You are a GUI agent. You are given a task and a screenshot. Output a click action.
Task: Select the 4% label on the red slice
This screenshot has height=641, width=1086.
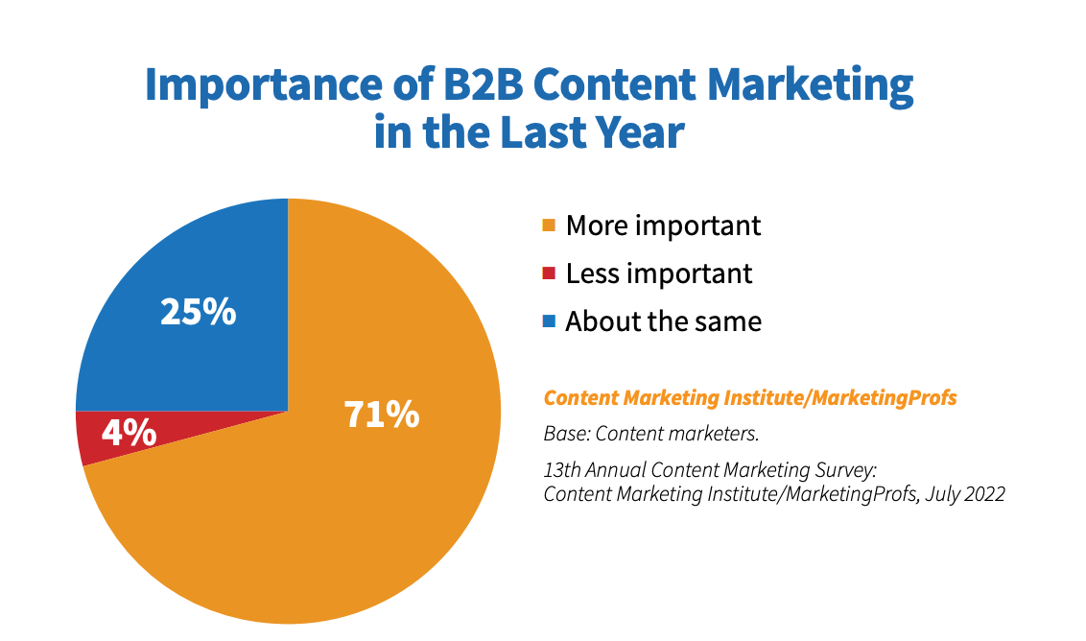click(129, 433)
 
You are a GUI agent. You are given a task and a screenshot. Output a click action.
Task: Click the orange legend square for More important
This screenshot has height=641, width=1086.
click(549, 226)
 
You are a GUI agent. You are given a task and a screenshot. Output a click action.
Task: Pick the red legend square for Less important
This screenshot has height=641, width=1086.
click(549, 273)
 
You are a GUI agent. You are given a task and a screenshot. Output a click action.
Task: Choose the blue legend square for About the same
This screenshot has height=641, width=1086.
click(549, 321)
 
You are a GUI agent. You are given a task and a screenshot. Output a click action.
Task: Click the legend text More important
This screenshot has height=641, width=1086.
click(663, 226)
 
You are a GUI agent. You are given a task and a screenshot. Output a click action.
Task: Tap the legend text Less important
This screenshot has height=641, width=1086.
click(659, 273)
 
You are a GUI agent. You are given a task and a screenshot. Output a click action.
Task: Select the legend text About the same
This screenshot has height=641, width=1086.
click(663, 321)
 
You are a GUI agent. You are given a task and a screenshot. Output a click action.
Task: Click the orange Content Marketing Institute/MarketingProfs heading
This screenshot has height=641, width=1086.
click(750, 397)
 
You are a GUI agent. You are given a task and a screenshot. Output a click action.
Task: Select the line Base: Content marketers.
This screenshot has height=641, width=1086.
click(651, 434)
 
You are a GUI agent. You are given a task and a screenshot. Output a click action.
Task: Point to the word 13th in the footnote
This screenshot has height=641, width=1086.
click(562, 470)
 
